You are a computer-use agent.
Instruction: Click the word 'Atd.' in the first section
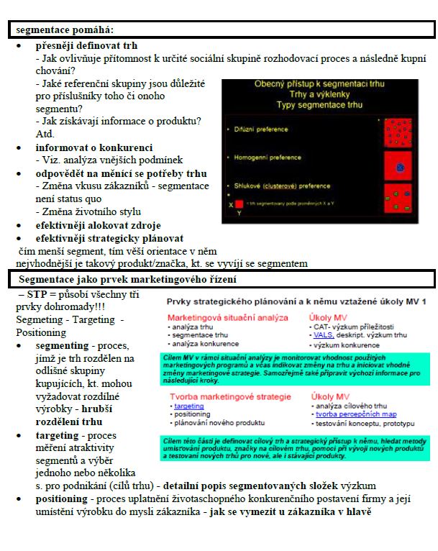pyautogui.click(x=45, y=134)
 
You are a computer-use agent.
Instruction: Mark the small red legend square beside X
pyautogui.click(x=239, y=204)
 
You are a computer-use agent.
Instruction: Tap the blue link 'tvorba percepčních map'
pyautogui.click(x=349, y=414)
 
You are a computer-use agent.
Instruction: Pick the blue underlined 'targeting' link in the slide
pyautogui.click(x=189, y=406)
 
